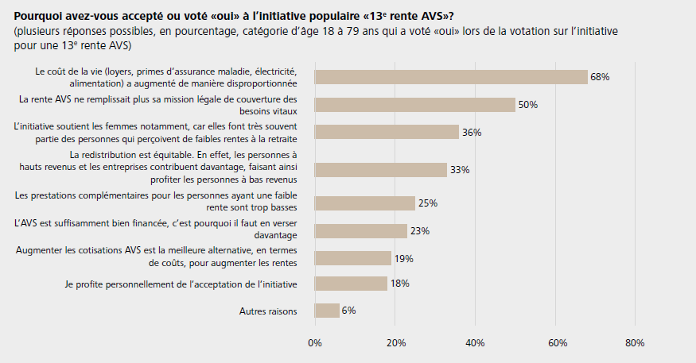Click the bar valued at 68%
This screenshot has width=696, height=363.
click(451, 76)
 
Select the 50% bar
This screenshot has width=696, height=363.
click(414, 105)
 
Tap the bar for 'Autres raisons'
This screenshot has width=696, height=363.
click(327, 311)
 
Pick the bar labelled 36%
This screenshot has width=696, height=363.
click(387, 133)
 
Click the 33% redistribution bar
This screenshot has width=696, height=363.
click(380, 169)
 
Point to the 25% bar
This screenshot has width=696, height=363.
click(364, 203)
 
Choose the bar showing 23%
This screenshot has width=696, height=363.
click(360, 231)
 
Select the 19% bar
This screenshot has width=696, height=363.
click(352, 258)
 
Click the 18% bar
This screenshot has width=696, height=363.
click(351, 284)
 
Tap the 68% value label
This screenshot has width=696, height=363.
click(600, 77)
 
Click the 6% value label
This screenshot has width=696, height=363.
click(348, 311)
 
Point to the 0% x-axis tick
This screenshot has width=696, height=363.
click(315, 343)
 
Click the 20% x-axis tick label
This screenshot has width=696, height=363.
click(395, 343)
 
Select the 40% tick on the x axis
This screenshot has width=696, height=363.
click(475, 343)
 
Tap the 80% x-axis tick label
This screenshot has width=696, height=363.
click(635, 343)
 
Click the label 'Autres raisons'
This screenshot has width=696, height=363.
click(268, 311)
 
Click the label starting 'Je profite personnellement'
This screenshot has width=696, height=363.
click(181, 284)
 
